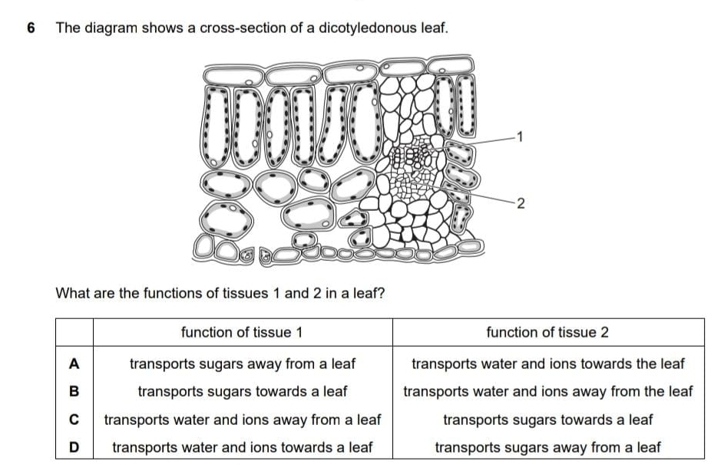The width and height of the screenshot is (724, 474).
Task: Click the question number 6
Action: tap(31, 28)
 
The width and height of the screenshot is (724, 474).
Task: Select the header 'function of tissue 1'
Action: tap(242, 332)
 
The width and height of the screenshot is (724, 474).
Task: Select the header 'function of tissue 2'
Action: tap(547, 332)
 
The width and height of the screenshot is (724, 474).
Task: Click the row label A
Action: tap(74, 362)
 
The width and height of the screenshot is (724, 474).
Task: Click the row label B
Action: tap(74, 391)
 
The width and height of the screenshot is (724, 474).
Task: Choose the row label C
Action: tap(74, 420)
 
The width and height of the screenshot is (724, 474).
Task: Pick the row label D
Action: tap(74, 447)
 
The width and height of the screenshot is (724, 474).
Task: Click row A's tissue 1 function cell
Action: tap(243, 363)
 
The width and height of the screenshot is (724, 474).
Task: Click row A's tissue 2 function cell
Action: tap(547, 363)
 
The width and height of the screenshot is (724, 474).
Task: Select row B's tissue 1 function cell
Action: tap(243, 391)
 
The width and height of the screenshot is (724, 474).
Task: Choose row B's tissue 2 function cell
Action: tap(547, 391)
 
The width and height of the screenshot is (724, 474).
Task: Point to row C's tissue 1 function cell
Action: tap(243, 420)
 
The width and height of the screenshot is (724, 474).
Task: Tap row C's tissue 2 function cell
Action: tap(547, 420)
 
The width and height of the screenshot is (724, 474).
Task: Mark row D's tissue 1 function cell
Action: tap(243, 447)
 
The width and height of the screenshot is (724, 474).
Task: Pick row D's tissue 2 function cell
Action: tap(547, 447)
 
